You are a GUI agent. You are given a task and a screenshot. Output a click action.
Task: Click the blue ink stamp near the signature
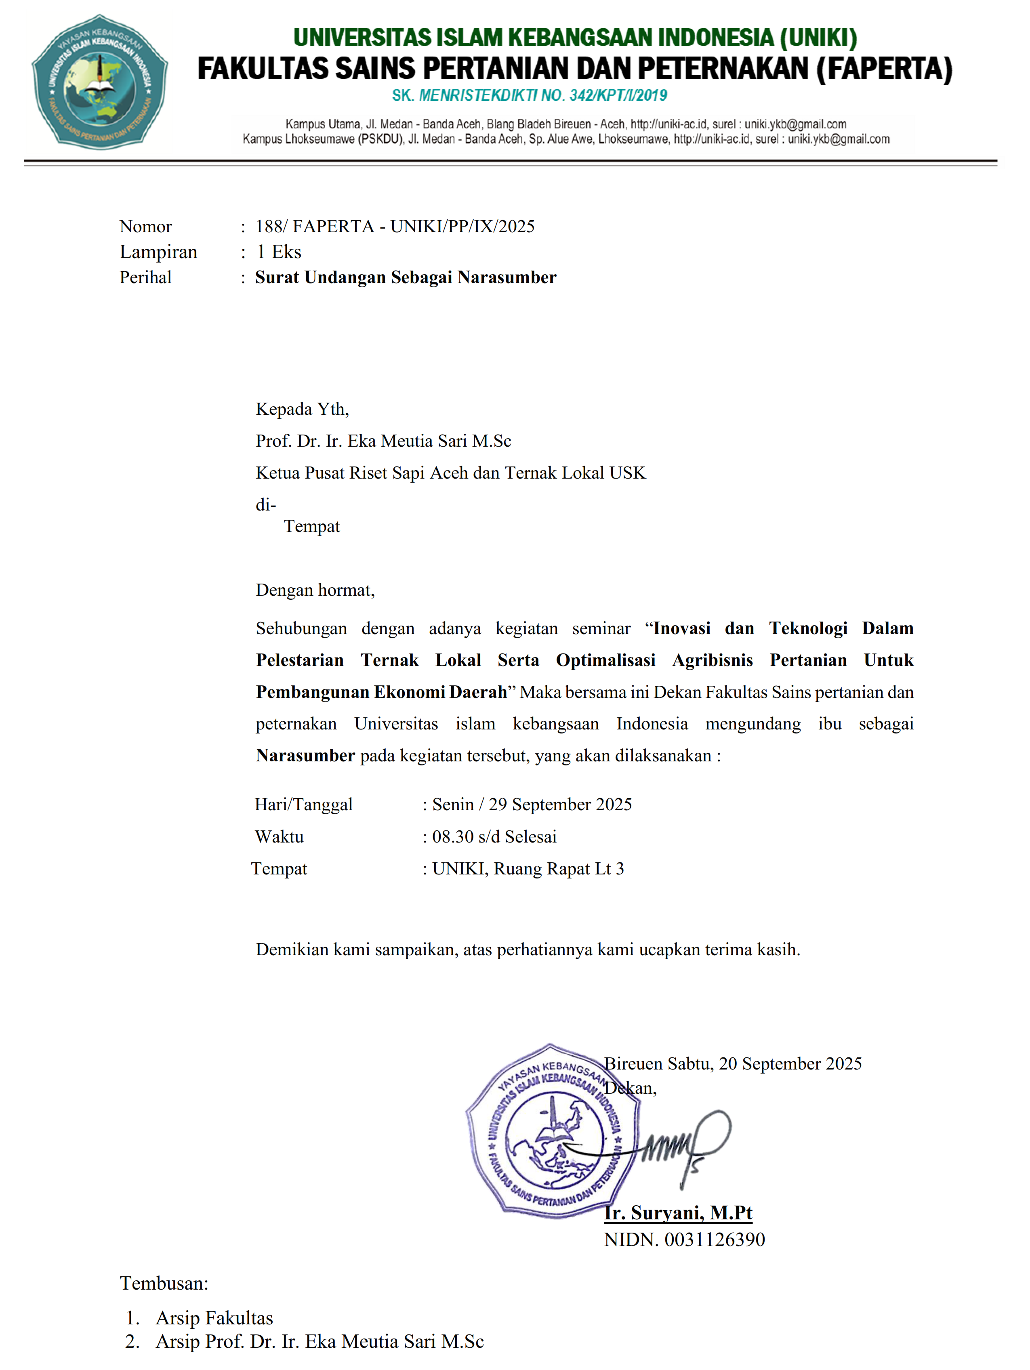pos(551,1132)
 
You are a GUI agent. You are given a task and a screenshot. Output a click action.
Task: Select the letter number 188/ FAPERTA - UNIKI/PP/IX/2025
pos(395,227)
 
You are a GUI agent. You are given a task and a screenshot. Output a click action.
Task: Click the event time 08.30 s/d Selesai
pos(494,837)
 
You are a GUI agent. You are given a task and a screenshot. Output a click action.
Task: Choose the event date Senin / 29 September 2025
pos(532,805)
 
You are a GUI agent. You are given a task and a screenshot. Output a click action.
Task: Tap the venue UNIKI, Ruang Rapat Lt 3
pos(528,869)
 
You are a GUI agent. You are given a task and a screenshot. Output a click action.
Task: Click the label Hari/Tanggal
pos(303,805)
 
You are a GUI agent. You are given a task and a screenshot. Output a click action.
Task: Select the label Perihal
pos(145,277)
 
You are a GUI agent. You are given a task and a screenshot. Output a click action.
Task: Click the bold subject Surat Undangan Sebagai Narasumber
pos(406,277)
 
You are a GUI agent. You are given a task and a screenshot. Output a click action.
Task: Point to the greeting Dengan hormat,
pos(315,590)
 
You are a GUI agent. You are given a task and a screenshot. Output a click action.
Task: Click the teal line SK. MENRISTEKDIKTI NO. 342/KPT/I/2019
pos(530,95)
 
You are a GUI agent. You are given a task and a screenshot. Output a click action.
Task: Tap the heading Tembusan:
pos(164,1283)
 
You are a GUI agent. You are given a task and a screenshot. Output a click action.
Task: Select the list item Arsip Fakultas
pos(214,1317)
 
